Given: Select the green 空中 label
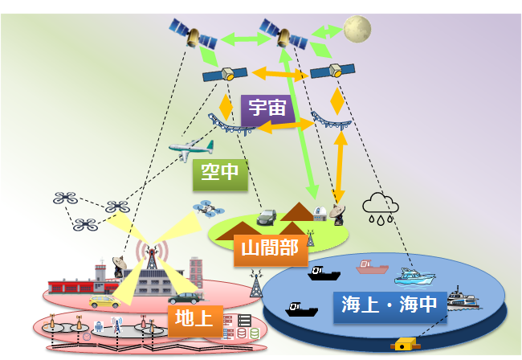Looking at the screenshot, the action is tap(220, 174).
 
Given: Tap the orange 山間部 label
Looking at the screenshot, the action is tap(271, 250).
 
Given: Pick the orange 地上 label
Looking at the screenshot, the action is tap(195, 321).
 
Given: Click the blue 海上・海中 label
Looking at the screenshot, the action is tap(389, 307).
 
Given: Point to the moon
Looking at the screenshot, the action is tap(357, 29).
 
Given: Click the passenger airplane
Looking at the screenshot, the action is tap(191, 149).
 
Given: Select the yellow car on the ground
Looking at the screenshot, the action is tap(104, 301).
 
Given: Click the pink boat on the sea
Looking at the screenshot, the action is tap(372, 267).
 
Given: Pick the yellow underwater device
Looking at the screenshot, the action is tap(403, 345).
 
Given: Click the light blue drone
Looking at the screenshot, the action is tap(209, 209).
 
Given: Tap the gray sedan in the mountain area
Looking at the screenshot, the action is tap(267, 217).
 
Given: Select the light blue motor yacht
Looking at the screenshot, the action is tap(414, 276).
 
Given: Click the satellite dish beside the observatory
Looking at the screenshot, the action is tap(338, 215).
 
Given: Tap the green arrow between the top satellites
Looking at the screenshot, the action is tap(246, 39).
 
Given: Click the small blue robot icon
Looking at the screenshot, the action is tap(99, 327).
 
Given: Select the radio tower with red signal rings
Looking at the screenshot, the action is tap(152, 254).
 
